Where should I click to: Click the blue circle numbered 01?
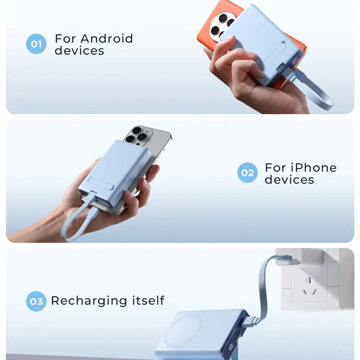[36, 44]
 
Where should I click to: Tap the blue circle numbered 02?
[247, 172]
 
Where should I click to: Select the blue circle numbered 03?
[36, 301]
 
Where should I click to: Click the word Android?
[107, 38]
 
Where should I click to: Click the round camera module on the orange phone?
[221, 28]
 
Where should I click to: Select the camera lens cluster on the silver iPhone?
[137, 136]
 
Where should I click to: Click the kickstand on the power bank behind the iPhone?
[101, 183]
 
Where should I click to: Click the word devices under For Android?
[79, 50]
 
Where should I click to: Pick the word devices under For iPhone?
[290, 179]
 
